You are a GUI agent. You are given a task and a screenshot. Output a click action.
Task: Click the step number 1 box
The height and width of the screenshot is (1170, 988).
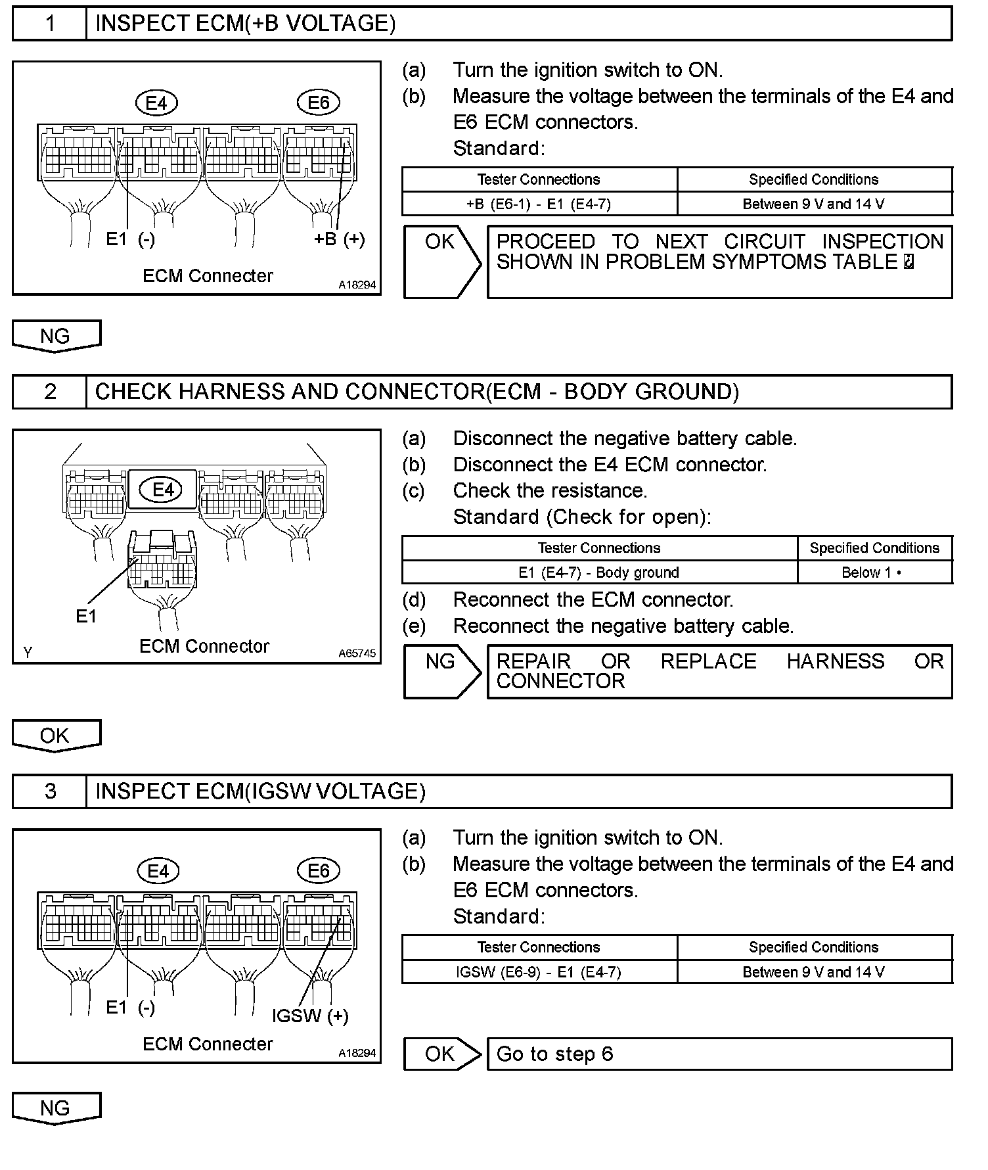click(50, 24)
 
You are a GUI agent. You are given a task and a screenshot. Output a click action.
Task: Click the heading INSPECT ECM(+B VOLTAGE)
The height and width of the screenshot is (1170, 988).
click(245, 24)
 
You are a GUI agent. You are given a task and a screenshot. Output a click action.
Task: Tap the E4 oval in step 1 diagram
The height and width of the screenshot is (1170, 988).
click(156, 103)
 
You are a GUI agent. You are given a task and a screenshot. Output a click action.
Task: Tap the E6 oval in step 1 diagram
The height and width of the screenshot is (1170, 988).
click(319, 103)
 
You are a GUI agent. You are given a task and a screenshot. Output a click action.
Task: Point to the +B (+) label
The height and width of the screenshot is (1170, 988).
click(339, 239)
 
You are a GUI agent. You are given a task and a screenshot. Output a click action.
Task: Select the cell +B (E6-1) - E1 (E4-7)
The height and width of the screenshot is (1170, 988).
click(539, 204)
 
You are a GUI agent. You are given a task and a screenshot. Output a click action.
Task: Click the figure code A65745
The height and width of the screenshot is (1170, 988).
click(357, 653)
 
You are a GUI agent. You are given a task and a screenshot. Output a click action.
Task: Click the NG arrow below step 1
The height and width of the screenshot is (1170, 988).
click(56, 336)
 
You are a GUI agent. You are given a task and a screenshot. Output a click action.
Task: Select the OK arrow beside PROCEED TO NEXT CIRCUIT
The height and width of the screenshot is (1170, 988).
click(441, 261)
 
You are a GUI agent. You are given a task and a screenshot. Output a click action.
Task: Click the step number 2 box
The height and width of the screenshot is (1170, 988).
click(50, 392)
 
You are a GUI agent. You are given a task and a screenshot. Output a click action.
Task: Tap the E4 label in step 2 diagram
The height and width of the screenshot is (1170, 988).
click(163, 490)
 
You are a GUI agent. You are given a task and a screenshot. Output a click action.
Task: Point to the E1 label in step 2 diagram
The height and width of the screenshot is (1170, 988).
click(86, 616)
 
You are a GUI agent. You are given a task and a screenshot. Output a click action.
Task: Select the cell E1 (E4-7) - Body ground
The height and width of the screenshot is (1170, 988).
click(598, 573)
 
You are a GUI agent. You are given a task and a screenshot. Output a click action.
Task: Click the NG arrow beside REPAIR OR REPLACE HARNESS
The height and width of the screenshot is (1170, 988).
click(441, 670)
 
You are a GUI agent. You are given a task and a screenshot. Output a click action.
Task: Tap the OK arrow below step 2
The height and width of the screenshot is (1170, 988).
click(56, 736)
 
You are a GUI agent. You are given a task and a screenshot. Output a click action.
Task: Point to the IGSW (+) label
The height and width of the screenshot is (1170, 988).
click(310, 1016)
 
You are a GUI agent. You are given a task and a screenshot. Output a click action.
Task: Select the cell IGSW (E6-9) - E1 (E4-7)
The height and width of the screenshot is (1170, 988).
click(539, 971)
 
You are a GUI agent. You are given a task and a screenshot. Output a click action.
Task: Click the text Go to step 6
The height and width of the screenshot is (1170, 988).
click(554, 1054)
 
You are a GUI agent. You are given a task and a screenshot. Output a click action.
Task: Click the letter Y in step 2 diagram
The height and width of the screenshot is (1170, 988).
click(28, 653)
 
